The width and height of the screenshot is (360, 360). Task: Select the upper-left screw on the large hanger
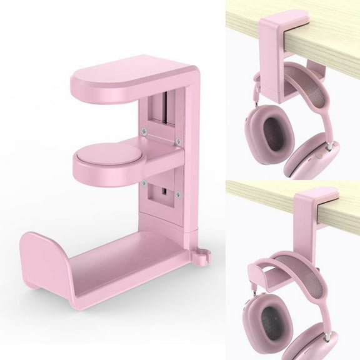coord(144,131)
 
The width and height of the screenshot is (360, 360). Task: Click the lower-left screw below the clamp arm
coord(144,182)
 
